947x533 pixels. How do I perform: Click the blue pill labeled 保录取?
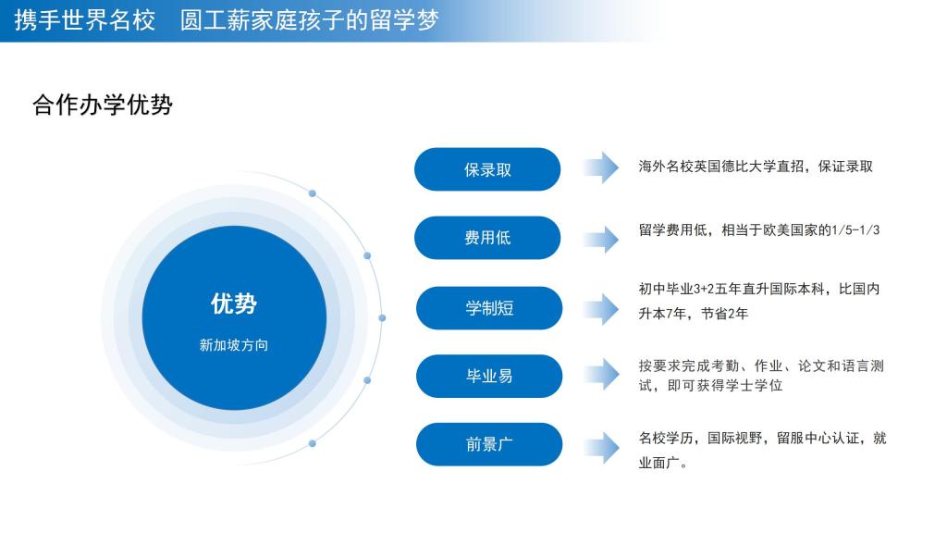point(487,169)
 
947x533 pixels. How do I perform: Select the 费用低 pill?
point(487,238)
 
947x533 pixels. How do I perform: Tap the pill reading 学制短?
point(489,308)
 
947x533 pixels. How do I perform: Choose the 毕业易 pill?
point(489,376)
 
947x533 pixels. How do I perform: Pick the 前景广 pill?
point(489,444)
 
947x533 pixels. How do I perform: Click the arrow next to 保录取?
point(601,167)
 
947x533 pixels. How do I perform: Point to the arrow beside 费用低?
point(601,239)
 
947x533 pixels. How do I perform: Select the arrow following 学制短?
point(601,309)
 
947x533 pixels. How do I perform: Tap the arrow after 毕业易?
point(601,374)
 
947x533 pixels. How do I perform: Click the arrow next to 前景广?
point(601,448)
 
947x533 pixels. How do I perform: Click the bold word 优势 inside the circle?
point(234,304)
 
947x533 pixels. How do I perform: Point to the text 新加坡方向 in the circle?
point(234,345)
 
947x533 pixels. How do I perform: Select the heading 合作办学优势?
point(103,105)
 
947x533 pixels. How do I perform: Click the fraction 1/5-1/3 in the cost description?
point(855,230)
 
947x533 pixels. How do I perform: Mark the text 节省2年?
point(724,314)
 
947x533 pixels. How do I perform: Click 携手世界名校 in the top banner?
point(84,20)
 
